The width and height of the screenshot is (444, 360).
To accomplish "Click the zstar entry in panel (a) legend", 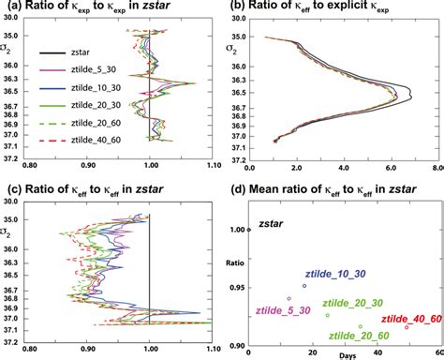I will coord(77,52).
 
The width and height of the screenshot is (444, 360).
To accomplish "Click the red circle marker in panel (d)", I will coord(407,326).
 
